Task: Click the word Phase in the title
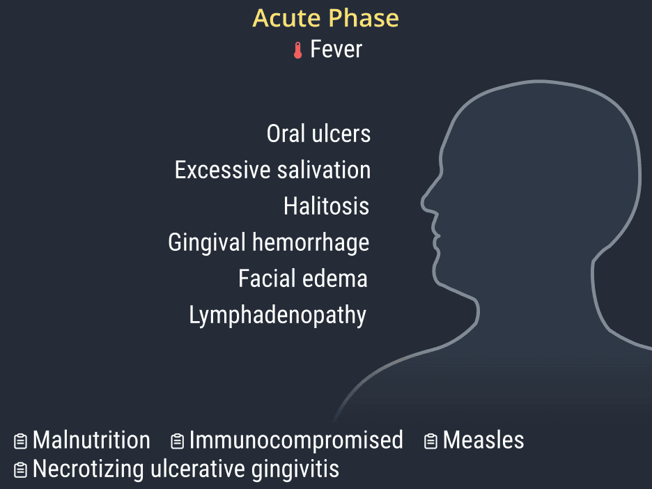pyautogui.click(x=364, y=18)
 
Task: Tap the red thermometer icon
pyautogui.click(x=297, y=50)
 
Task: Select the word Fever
pyautogui.click(x=336, y=49)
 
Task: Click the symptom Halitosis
pyautogui.click(x=327, y=206)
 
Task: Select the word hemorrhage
pyautogui.click(x=311, y=243)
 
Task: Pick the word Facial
pyautogui.click(x=262, y=278)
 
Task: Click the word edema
pyautogui.click(x=330, y=279)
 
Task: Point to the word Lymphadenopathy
pyautogui.click(x=278, y=316)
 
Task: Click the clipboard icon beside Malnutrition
pyautogui.click(x=20, y=441)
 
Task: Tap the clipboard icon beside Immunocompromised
pyautogui.click(x=177, y=441)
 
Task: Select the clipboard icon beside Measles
pyautogui.click(x=430, y=441)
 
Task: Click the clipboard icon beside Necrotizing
pyautogui.click(x=20, y=470)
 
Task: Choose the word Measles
pyautogui.click(x=483, y=440)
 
